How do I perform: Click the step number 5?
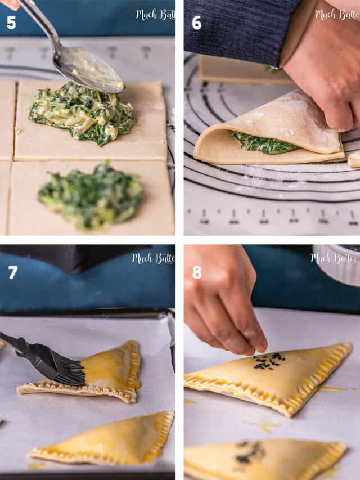[x=11, y=23]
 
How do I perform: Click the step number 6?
[x=196, y=23]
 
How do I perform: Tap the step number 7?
[x=12, y=272]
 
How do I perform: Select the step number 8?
[x=197, y=272]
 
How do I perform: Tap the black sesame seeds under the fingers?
[x=268, y=362]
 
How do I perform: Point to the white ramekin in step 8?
[x=337, y=264]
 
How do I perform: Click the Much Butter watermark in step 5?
[x=155, y=14]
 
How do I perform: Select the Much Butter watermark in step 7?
[x=152, y=258]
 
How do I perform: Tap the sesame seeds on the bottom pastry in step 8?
[x=250, y=453]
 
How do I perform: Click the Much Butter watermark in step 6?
[x=336, y=14]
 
